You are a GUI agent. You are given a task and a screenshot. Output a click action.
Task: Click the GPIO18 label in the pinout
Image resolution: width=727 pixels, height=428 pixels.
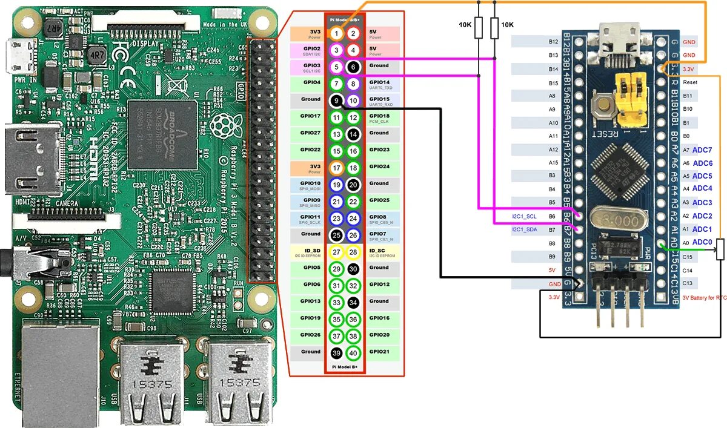(379, 116)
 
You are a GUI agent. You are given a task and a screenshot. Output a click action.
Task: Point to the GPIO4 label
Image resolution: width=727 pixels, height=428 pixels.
(311, 82)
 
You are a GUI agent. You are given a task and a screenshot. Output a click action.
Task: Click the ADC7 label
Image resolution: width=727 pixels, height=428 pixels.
(702, 150)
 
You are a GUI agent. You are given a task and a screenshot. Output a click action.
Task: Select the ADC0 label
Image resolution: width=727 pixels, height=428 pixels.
(702, 242)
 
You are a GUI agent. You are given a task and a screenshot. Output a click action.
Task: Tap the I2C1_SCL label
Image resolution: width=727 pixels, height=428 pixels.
(524, 216)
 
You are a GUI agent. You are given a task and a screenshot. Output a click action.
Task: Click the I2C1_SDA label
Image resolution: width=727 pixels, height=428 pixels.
(524, 230)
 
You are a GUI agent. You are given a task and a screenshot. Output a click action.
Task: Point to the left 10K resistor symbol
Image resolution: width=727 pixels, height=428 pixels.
(479, 28)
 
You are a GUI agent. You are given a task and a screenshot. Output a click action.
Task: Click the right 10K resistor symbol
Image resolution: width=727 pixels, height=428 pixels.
(495, 28)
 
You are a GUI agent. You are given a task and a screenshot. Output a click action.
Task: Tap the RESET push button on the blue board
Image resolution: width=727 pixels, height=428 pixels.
(603, 107)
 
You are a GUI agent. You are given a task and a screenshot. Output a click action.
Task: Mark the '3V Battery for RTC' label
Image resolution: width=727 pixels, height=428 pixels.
(703, 298)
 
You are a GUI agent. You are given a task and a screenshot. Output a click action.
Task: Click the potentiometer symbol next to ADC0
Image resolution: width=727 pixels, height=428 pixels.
(720, 249)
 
